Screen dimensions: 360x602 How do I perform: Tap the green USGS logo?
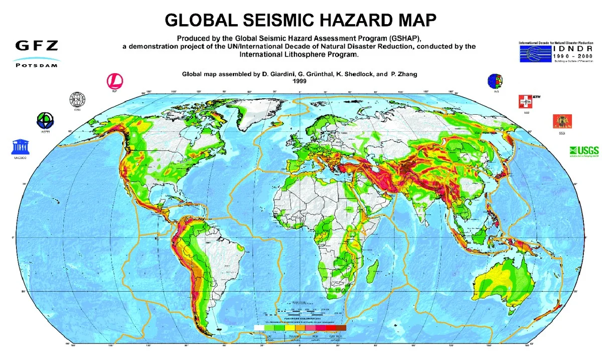click(x=583, y=151)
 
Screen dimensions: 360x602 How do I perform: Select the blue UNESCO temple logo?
click(x=19, y=146)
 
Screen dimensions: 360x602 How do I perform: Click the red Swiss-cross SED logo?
click(x=525, y=101)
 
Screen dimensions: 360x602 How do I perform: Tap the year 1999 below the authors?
click(x=299, y=80)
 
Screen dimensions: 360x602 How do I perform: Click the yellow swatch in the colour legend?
click(x=289, y=327)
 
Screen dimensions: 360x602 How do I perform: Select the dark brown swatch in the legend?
click(x=341, y=327)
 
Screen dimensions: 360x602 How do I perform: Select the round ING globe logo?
click(x=495, y=81)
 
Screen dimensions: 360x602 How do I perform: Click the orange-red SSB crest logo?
click(x=561, y=122)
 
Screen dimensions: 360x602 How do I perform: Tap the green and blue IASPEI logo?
click(x=45, y=120)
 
